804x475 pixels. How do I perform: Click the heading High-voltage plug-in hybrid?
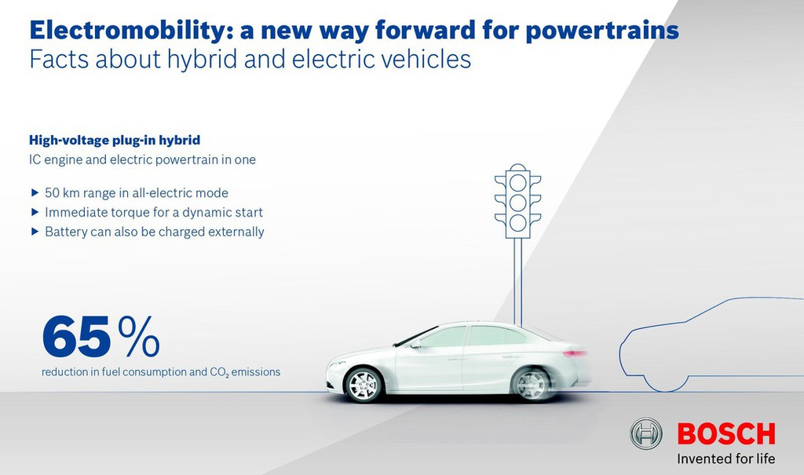(115, 140)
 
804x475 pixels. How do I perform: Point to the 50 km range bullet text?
(137, 193)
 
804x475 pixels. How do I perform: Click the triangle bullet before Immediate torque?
(35, 212)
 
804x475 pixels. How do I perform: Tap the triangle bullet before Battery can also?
(35, 232)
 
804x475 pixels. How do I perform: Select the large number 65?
(76, 337)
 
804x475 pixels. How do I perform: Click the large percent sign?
(139, 337)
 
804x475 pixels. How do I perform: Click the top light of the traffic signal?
(518, 182)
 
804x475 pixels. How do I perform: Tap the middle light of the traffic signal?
(518, 202)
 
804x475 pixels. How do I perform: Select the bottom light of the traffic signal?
(518, 222)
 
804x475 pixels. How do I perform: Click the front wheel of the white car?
(364, 385)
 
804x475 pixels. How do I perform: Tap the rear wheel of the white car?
(532, 384)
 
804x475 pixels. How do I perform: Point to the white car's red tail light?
(575, 353)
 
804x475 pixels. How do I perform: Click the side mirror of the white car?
(415, 344)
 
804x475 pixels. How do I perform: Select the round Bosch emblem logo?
(646, 433)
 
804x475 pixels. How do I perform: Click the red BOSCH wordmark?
(726, 434)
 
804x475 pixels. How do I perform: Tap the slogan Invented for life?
(726, 458)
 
